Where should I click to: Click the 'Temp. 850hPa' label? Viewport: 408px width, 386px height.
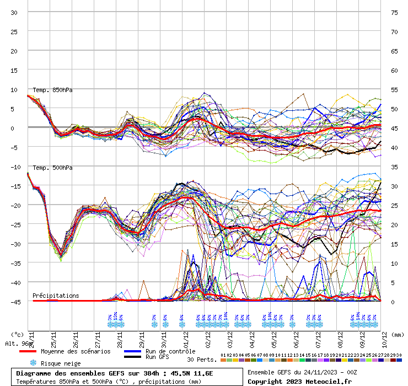click(x=52, y=90)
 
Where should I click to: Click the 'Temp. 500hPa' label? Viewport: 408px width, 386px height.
click(x=52, y=168)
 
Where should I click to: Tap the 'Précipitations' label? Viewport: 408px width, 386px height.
click(x=56, y=296)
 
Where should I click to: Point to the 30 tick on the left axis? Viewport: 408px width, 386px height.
click(x=15, y=13)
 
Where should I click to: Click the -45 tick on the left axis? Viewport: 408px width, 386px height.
click(x=14, y=302)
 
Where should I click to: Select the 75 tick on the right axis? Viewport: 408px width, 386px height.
click(x=394, y=13)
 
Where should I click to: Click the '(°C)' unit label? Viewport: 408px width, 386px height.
click(x=18, y=334)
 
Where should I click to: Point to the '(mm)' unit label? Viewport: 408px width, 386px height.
click(x=399, y=334)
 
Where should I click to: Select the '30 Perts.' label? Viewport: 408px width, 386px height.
click(x=202, y=360)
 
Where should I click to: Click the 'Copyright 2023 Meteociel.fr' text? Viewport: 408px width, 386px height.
click(x=299, y=381)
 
